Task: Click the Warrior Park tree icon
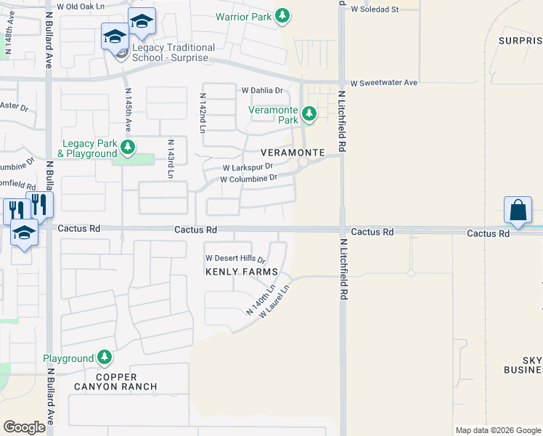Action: [282, 16]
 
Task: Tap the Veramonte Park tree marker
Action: [309, 114]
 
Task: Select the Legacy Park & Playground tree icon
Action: [128, 148]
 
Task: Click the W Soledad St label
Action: [375, 9]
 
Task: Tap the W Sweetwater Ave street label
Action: [383, 83]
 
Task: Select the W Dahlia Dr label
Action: [266, 91]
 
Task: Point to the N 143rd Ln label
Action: [171, 159]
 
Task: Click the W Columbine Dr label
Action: [248, 178]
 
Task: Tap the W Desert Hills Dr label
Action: [236, 258]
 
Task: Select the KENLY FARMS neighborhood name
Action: [242, 272]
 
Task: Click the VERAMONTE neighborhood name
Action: [293, 153]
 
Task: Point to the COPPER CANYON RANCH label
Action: [115, 381]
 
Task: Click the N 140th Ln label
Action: [260, 299]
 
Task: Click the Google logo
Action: [24, 427]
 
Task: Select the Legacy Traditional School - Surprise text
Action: [173, 52]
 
